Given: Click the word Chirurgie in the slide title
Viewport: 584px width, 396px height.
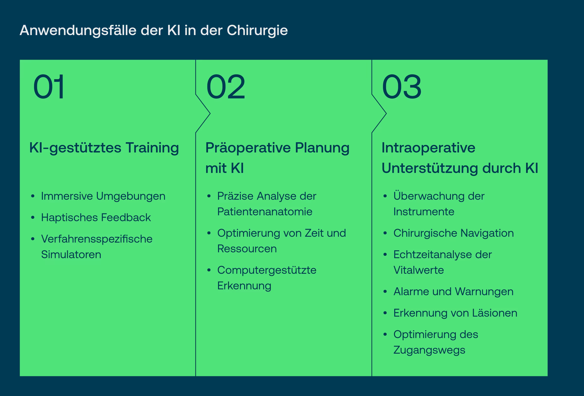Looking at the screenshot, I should click(x=257, y=31).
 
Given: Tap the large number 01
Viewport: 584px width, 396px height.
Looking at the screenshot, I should click(x=49, y=87).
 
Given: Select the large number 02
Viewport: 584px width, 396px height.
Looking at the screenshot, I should click(x=225, y=87).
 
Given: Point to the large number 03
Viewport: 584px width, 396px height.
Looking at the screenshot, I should click(x=401, y=87).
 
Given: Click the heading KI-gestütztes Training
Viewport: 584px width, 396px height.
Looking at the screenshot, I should click(x=104, y=148).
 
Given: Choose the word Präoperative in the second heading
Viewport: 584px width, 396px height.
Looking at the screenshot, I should click(x=248, y=148).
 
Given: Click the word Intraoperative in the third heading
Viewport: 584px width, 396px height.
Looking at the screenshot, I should click(x=428, y=148).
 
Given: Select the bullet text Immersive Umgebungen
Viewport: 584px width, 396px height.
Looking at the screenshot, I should click(x=103, y=196).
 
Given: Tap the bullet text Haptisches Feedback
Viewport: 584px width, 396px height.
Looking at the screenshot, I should click(x=96, y=217).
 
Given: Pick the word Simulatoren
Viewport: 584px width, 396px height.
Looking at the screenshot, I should click(x=71, y=255).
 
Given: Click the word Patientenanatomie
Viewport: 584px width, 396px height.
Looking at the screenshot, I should click(x=265, y=212).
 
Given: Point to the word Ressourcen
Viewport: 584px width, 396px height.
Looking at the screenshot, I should click(x=247, y=249).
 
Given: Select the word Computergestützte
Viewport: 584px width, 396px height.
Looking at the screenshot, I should click(x=267, y=270).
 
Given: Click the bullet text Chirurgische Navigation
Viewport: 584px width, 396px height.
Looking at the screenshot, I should click(x=453, y=233).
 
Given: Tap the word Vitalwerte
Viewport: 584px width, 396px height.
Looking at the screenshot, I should click(x=418, y=270).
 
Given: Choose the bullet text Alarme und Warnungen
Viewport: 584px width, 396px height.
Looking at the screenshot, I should click(x=453, y=292).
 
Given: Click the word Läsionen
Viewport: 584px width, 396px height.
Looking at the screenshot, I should click(x=494, y=313).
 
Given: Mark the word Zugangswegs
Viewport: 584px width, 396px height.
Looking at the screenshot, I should click(x=429, y=350).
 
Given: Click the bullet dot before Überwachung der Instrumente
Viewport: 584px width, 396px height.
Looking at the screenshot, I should click(x=385, y=196).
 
